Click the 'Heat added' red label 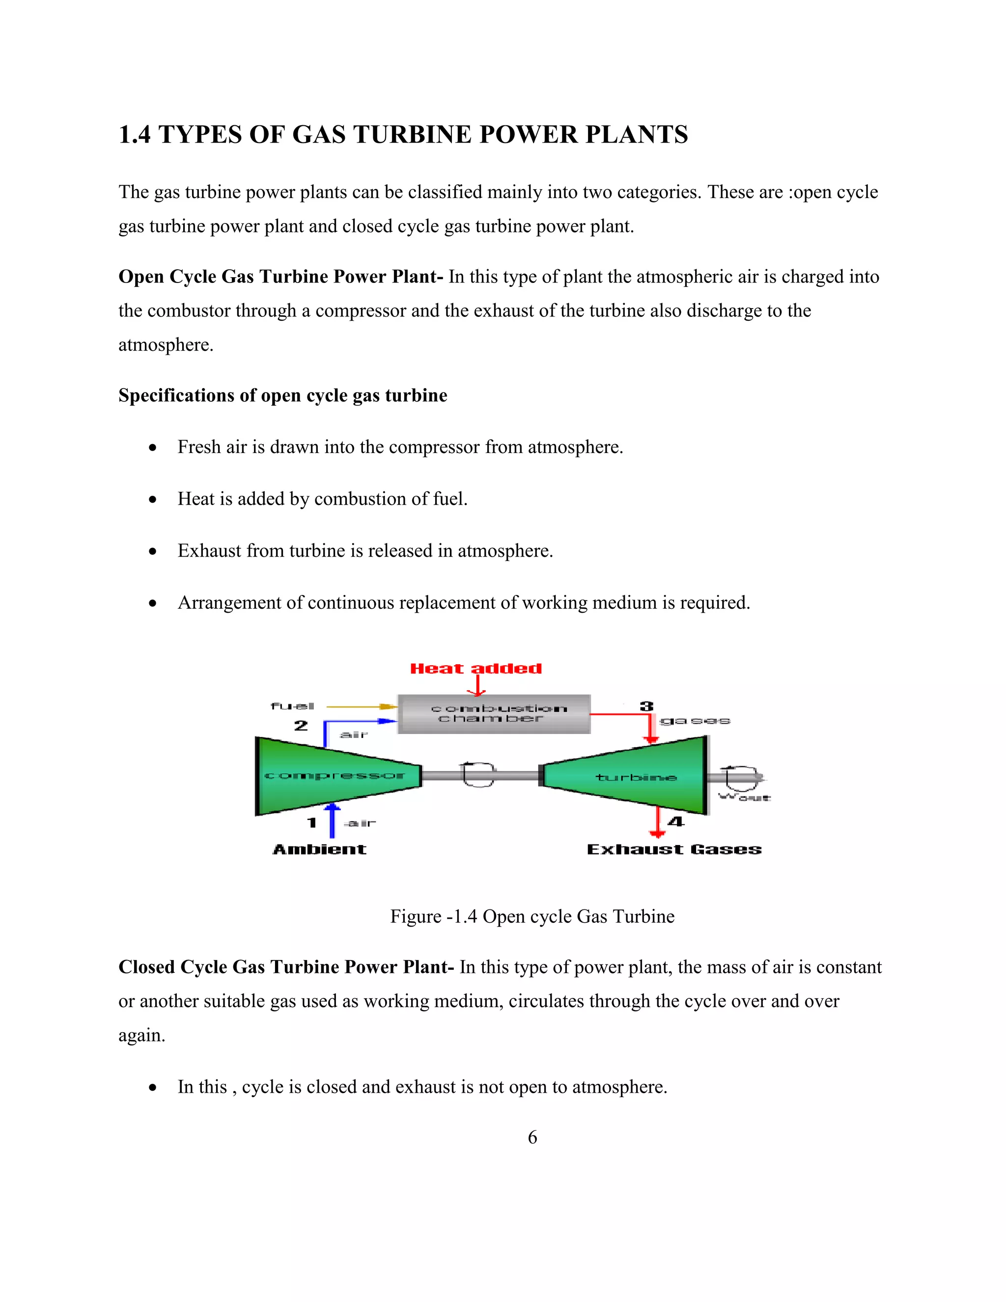(475, 668)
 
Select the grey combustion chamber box (494, 713)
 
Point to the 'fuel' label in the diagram (292, 706)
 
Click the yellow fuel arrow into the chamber (361, 707)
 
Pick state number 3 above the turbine (646, 707)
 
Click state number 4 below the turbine (675, 821)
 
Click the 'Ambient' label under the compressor (319, 849)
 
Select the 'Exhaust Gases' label (674, 849)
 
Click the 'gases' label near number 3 (695, 721)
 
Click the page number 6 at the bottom (532, 1137)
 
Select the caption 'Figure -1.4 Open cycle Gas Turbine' (532, 916)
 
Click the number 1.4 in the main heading (135, 135)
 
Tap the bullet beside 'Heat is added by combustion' (153, 499)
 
